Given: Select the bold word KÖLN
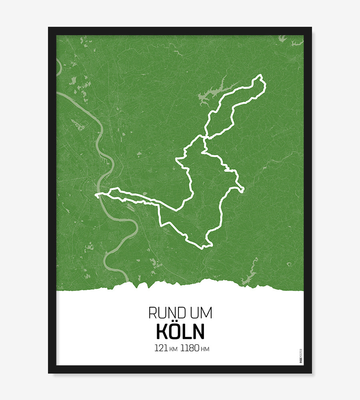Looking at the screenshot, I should [180, 331].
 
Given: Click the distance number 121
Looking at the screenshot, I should [161, 348].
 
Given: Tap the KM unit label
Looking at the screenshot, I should [173, 349].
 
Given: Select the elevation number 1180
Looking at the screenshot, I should [190, 348].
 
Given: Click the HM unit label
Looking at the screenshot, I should [205, 349].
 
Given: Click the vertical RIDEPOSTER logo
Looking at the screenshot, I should [301, 356].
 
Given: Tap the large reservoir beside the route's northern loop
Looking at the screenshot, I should [212, 93].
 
